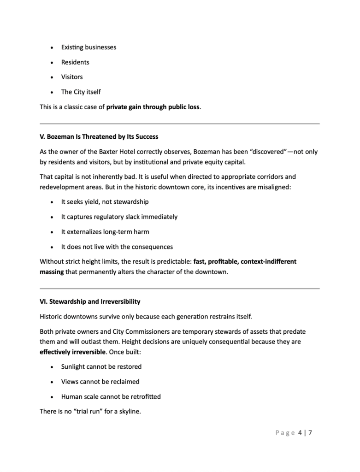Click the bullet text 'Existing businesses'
89,47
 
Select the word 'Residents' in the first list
75,62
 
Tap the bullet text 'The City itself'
81,92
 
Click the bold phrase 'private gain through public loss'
153,107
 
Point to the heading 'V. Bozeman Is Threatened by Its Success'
99,137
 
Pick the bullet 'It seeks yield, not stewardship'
105,202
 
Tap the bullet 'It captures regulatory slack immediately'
119,217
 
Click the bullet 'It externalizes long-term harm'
105,232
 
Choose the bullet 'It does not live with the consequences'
117,247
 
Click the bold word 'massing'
52,272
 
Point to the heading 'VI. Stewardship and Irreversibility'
90,301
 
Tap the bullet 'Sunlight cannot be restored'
101,367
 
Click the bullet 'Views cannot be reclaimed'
100,382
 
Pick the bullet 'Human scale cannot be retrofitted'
111,396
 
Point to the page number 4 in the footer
300,433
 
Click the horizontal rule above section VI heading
180,289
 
